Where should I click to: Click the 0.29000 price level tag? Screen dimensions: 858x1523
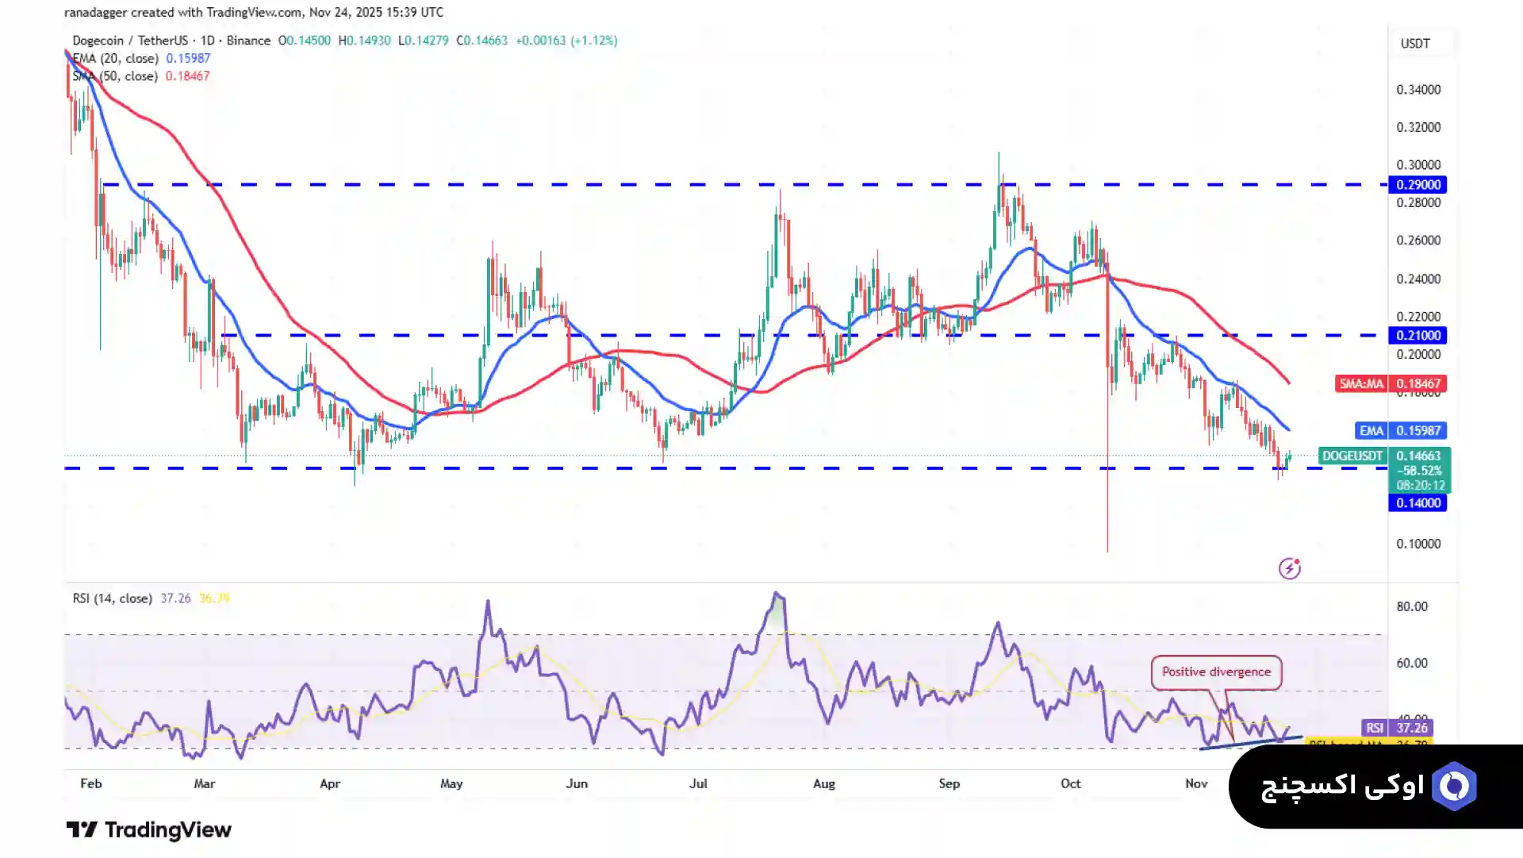point(1418,185)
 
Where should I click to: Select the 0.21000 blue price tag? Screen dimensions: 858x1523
point(1418,336)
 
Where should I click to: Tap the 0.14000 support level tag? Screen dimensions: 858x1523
point(1418,503)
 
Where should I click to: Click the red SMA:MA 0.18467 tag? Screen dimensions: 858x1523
point(1390,384)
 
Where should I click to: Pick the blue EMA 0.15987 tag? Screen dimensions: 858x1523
point(1400,431)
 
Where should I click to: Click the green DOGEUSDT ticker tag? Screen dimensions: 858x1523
point(1352,456)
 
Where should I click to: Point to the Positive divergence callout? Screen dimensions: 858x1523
point(1216,672)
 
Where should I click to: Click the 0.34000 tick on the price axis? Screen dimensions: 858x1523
point(1418,90)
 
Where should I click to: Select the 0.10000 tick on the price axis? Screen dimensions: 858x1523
point(1418,544)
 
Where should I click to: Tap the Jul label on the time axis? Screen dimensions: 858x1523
point(698,784)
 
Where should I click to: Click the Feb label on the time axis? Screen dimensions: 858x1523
point(91,784)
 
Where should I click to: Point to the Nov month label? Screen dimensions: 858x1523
point(1196,784)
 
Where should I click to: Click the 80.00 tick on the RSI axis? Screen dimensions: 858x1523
point(1412,607)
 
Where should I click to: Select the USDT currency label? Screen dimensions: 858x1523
point(1415,44)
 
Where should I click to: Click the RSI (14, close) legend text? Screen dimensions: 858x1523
point(112,598)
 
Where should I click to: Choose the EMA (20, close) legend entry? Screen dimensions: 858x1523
point(116,59)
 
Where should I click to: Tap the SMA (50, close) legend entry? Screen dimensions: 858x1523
point(116,77)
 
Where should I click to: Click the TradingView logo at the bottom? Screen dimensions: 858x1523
point(149,830)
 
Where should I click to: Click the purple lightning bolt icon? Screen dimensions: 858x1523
point(1290,568)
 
